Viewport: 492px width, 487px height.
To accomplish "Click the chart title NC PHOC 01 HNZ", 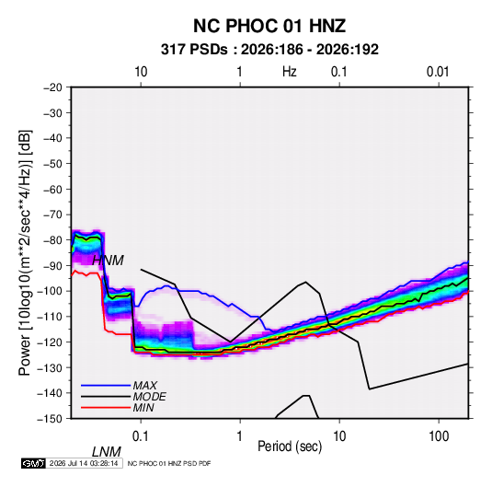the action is [x=269, y=26].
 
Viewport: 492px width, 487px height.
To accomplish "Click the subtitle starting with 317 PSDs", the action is [x=269, y=50].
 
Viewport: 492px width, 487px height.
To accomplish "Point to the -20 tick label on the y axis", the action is [x=52, y=87].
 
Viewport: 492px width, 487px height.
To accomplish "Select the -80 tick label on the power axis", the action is [x=52, y=240].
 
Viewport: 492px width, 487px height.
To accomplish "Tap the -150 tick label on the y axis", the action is [x=51, y=419].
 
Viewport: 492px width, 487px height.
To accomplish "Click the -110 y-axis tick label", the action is [x=51, y=317].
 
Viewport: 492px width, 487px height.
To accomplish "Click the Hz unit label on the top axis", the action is [x=290, y=72].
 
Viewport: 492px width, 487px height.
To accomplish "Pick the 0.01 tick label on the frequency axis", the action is [x=438, y=72].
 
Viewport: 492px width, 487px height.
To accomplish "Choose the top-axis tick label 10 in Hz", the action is [x=141, y=72].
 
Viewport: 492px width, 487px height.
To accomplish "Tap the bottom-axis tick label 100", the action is [x=439, y=436].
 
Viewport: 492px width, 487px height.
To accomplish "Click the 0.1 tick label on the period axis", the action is [x=141, y=436].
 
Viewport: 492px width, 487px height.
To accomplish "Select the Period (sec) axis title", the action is [x=290, y=446].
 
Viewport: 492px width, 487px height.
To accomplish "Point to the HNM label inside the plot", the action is [x=108, y=261].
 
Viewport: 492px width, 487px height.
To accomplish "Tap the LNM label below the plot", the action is [x=107, y=452].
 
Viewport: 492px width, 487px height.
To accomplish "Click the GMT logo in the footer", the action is [x=34, y=463].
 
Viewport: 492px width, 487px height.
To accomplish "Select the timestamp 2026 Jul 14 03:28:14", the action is [x=84, y=463].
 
